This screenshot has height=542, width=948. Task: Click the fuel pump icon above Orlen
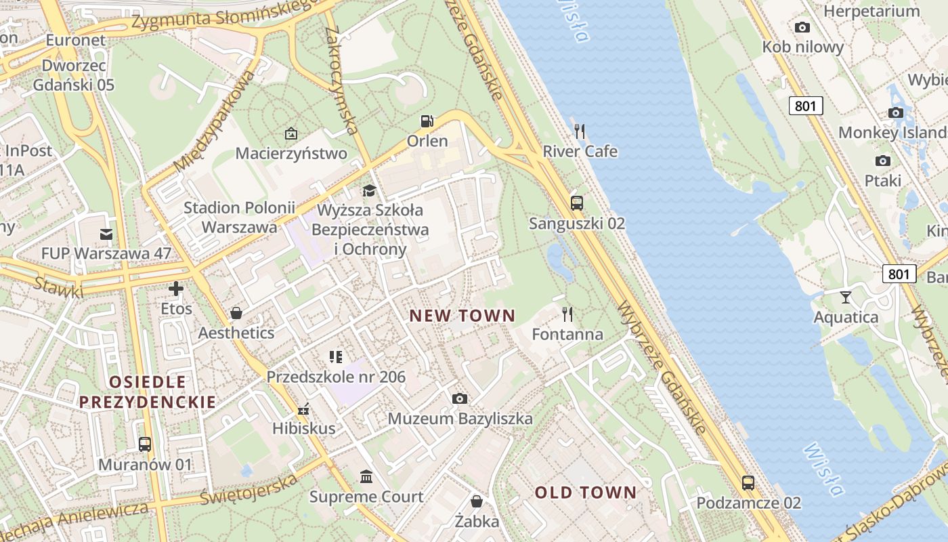tap(427, 121)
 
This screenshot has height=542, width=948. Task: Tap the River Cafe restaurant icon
tap(580, 131)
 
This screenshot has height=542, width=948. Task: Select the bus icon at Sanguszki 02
tap(577, 203)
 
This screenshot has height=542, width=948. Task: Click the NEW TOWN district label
tap(462, 316)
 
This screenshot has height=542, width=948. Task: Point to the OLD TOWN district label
tap(586, 493)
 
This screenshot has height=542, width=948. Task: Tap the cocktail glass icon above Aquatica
tap(845, 297)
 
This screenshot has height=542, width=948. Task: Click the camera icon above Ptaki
tap(882, 161)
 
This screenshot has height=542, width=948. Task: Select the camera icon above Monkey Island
tap(895, 112)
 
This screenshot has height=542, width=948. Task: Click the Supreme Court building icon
tap(366, 476)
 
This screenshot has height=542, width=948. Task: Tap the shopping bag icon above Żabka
tap(477, 501)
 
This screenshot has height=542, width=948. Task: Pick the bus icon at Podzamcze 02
tap(748, 482)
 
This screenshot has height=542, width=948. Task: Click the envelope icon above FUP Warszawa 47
tap(106, 234)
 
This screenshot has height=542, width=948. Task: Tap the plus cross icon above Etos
tap(176, 289)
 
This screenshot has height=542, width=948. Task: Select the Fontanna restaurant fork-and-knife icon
tap(567, 314)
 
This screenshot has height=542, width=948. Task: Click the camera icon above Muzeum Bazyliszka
tap(460, 398)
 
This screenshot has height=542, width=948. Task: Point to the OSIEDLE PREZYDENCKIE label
tap(147, 392)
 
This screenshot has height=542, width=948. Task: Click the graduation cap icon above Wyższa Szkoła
tap(369, 190)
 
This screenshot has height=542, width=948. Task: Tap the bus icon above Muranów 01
tap(145, 444)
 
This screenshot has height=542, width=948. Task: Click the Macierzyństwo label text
tap(291, 153)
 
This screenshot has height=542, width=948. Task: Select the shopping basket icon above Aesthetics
tap(236, 312)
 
